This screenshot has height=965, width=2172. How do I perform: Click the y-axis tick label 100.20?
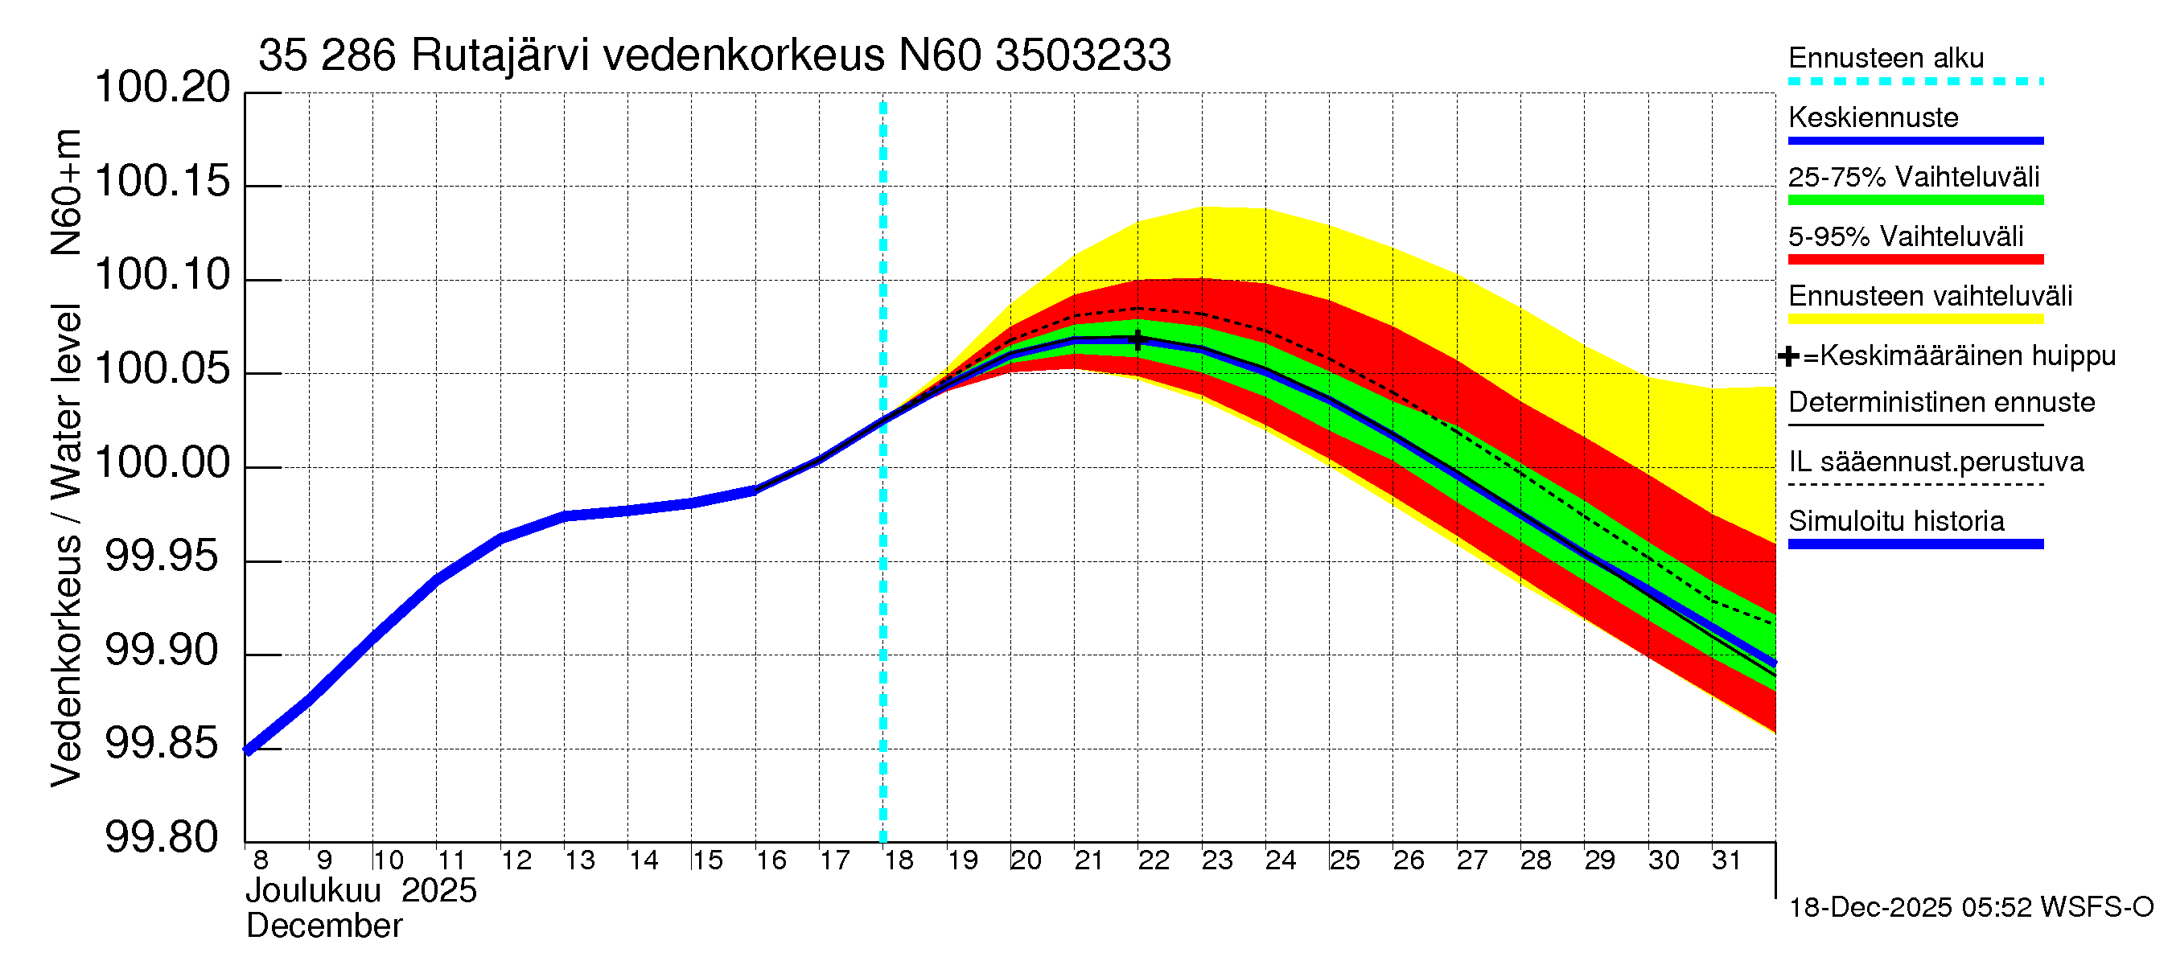[162, 88]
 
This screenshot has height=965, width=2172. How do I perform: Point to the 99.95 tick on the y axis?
[162, 557]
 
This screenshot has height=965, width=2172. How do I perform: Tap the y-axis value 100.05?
[162, 369]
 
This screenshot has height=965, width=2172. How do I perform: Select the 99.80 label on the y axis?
[162, 839]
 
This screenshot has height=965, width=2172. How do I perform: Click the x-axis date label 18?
[899, 860]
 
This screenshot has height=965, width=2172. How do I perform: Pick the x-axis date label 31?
[1726, 860]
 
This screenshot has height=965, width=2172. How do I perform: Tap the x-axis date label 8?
[261, 860]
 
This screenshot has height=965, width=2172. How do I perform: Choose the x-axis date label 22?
[1154, 860]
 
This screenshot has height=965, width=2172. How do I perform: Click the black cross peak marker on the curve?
[1138, 339]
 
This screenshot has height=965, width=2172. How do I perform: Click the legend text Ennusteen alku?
[1886, 58]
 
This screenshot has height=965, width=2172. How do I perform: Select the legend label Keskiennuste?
[1873, 118]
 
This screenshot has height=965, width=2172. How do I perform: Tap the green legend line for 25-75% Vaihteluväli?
[1915, 200]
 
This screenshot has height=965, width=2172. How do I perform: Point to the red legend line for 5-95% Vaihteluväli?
[1915, 260]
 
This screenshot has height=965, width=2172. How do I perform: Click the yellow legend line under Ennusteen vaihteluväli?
[1915, 319]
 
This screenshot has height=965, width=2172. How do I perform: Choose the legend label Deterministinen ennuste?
[1941, 403]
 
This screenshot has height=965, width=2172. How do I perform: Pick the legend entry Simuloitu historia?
[1895, 522]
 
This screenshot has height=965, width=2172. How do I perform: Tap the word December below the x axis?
[323, 926]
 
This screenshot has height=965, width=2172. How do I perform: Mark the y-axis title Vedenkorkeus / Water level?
[67, 546]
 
